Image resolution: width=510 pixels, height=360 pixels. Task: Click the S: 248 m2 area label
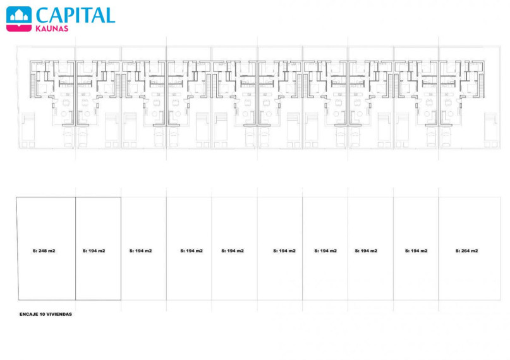tap(44, 251)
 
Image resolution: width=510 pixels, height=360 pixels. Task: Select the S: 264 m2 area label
tap(467, 251)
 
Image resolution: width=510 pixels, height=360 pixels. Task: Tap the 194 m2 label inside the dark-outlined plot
tap(94, 251)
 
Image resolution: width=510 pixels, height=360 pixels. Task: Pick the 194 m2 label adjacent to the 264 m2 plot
tap(416, 251)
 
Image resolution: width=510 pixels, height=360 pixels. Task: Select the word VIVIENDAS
tap(59, 314)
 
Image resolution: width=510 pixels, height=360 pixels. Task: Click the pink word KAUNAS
tap(52, 28)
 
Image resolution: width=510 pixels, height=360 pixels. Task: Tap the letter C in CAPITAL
tap(42, 15)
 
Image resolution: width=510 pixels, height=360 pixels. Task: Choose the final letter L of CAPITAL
tap(110, 15)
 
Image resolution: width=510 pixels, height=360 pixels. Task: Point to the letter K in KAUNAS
tap(39, 28)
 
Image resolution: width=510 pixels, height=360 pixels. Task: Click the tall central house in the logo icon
tap(19, 15)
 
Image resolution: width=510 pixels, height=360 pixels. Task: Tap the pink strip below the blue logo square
tap(19, 28)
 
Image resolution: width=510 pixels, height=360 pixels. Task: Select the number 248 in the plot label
tap(42, 251)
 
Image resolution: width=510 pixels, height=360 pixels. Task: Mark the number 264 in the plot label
tap(465, 251)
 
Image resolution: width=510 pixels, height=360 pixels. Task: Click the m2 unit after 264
tap(475, 251)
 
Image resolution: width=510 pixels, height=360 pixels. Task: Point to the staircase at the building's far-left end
tap(32, 85)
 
